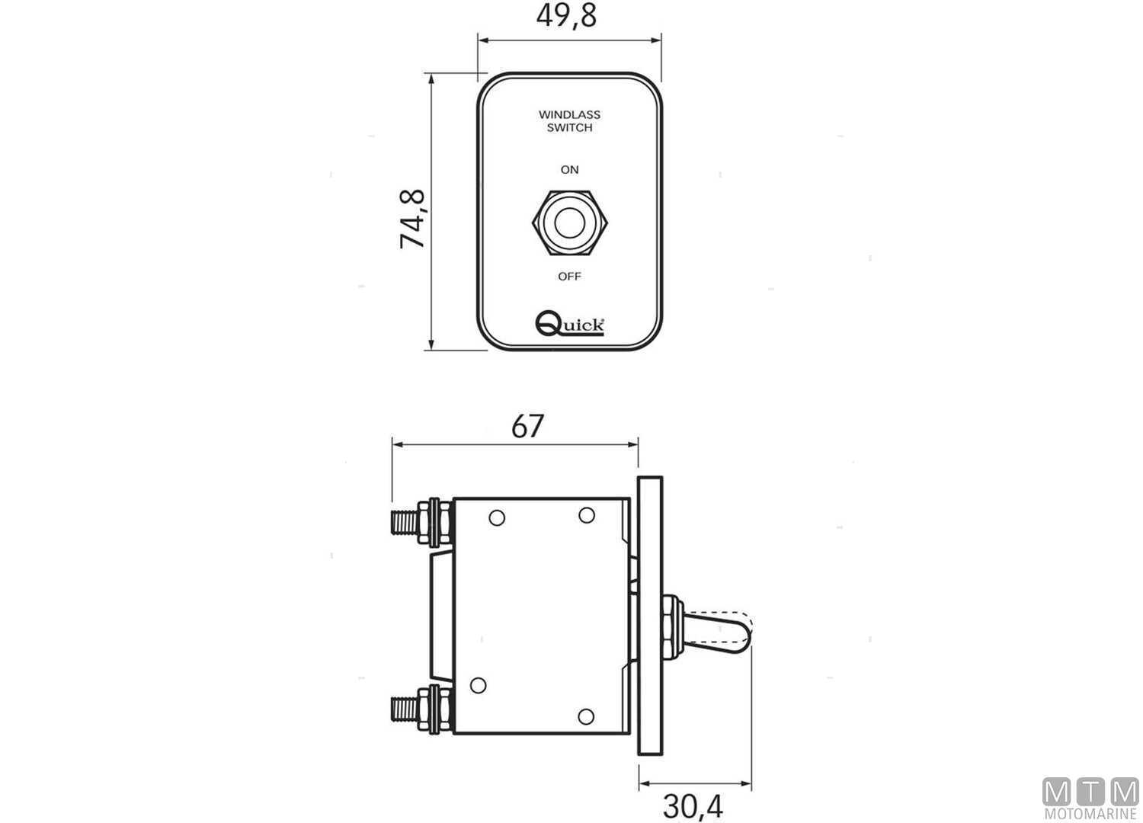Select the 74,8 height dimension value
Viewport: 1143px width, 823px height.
(413, 219)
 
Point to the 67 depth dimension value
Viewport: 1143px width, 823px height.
(527, 426)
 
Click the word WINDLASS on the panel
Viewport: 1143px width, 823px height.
(569, 114)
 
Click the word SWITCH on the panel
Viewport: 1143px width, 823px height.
(569, 128)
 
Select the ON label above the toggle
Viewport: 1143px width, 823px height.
(569, 169)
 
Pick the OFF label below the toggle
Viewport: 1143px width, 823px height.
(569, 276)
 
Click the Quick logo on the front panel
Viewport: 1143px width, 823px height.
(570, 323)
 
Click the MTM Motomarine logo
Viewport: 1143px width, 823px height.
(1090, 799)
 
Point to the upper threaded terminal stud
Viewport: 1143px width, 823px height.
(404, 522)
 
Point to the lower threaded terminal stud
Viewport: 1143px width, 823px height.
(404, 709)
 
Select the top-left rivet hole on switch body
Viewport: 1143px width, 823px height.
(497, 518)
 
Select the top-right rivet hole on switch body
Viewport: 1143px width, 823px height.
(586, 516)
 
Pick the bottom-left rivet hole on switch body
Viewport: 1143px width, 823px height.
(478, 685)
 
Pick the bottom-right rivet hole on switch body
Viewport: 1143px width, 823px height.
(585, 716)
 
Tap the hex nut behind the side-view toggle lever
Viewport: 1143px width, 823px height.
(669, 627)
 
